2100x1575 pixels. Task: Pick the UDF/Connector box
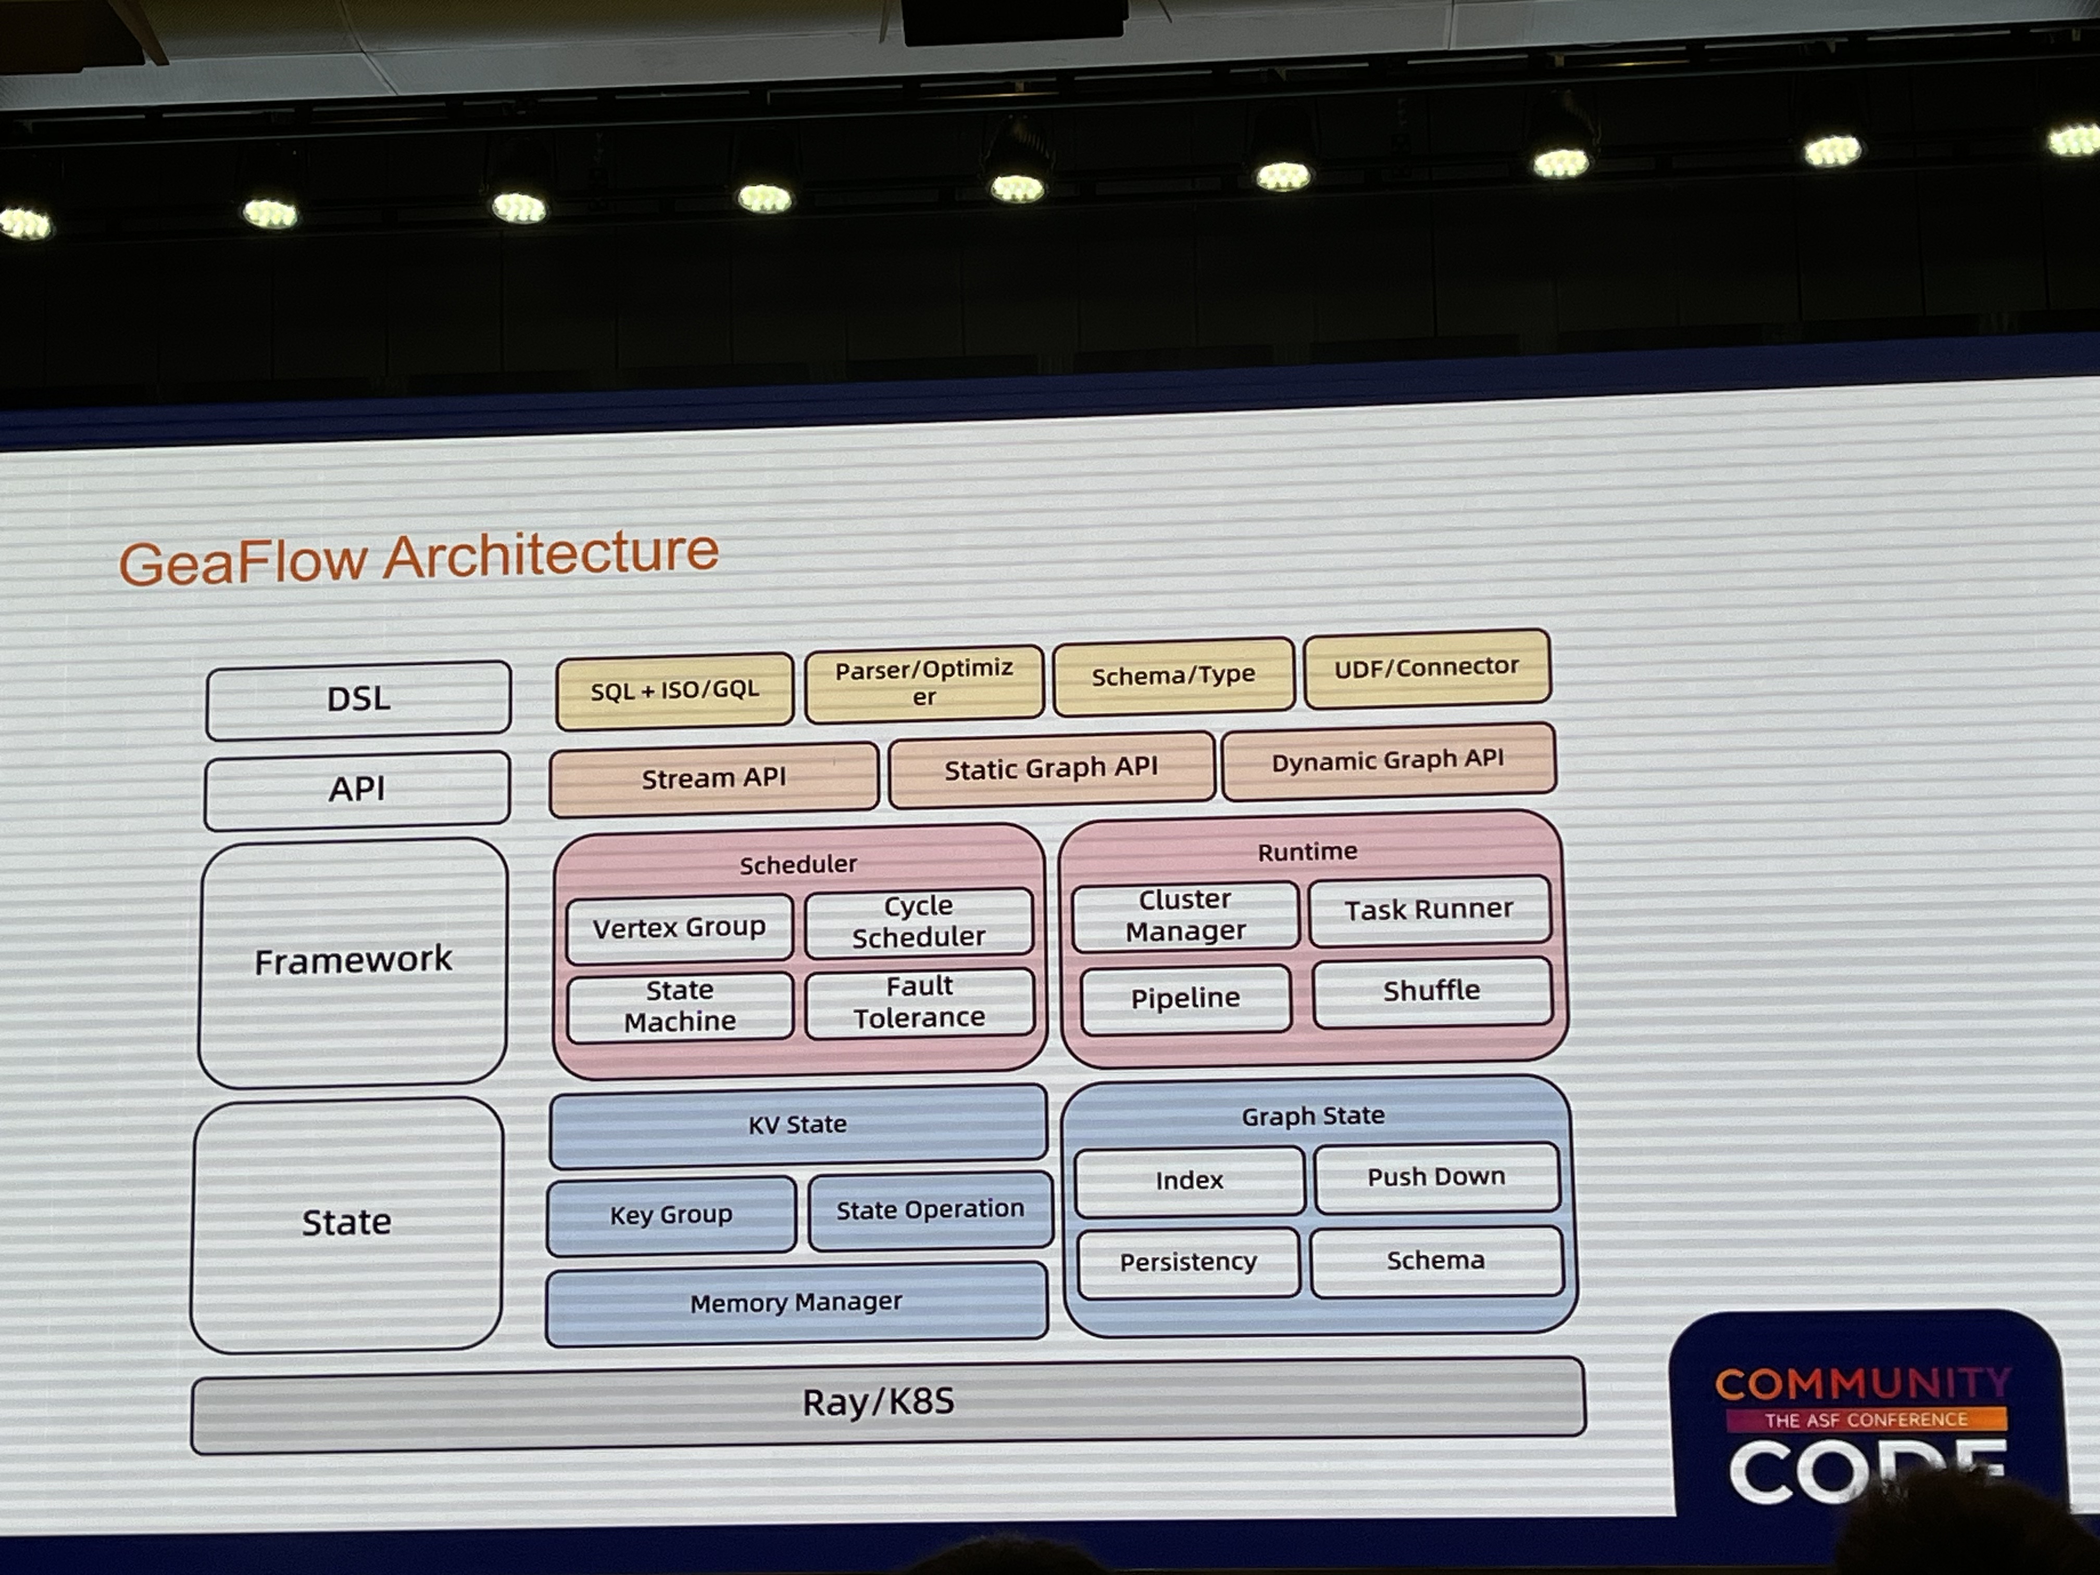[1427, 667]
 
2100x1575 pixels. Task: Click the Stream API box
[714, 779]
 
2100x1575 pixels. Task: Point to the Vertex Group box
[680, 928]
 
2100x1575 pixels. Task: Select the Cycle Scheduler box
[919, 921]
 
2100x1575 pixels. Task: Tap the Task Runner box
[1429, 909]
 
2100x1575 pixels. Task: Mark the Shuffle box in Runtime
[1432, 991]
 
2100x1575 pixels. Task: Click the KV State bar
[797, 1125]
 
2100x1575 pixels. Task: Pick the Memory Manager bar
[796, 1303]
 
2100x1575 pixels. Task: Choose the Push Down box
[1436, 1177]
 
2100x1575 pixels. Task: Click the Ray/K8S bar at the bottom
[888, 1403]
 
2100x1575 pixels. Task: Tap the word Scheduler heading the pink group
[798, 864]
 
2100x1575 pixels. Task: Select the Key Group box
[671, 1214]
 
